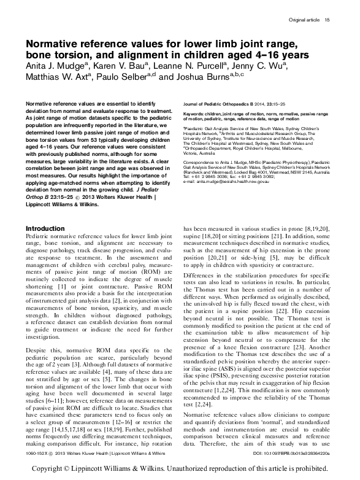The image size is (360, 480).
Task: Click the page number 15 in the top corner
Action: [327, 20]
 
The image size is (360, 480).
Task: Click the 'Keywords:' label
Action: [196, 114]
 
